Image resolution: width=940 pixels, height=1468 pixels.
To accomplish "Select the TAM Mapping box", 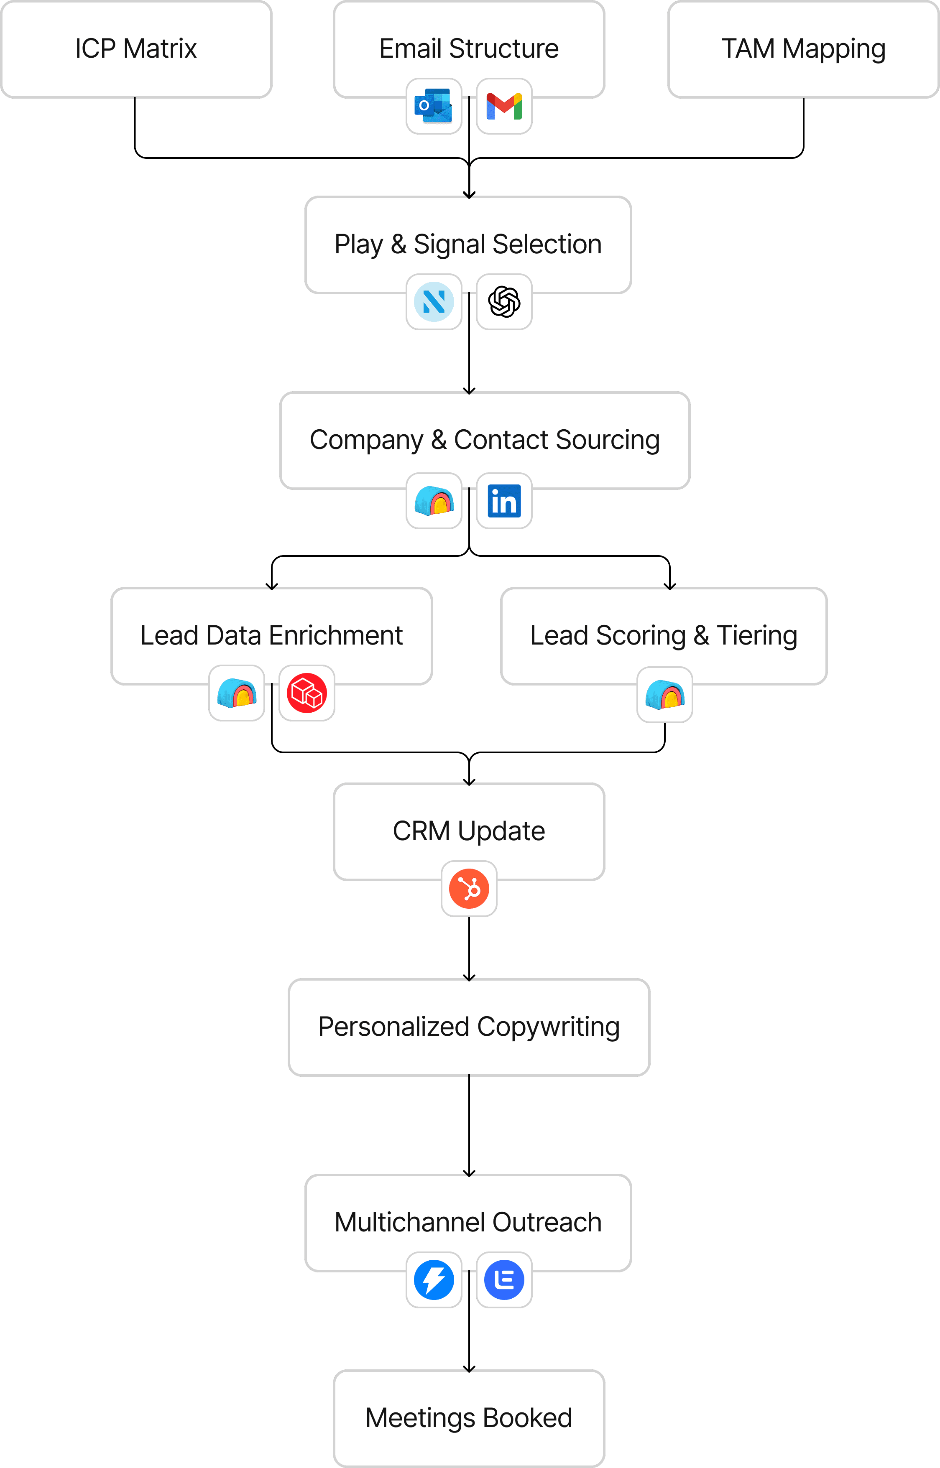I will click(803, 49).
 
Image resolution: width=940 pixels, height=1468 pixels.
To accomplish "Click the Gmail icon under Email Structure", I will click(504, 106).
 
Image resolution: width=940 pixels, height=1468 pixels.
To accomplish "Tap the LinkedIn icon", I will click(504, 501).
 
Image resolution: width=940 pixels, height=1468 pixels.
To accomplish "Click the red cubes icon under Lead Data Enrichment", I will click(307, 693).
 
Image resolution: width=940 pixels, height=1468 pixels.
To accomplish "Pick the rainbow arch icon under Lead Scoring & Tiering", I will click(665, 695).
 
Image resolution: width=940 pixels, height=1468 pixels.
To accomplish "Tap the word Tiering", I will click(757, 636).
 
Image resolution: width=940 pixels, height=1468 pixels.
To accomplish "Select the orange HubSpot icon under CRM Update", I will click(469, 889).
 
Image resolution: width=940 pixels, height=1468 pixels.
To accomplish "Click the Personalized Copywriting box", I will click(469, 1027).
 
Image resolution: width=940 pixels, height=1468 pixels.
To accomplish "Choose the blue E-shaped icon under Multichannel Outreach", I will click(504, 1279).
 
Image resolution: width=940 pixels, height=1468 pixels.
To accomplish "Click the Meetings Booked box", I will click(469, 1418).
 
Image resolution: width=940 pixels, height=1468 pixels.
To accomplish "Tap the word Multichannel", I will click(410, 1223).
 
